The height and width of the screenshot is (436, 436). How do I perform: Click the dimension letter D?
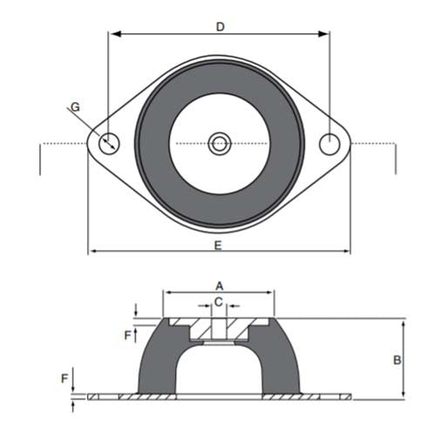click(221, 27)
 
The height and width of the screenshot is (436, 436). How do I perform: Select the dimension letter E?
click(218, 245)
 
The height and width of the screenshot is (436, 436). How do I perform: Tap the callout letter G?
click(75, 107)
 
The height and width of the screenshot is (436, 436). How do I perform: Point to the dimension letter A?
click(220, 285)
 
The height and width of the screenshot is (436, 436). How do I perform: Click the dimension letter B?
click(396, 358)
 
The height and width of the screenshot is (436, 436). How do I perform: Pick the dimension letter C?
click(220, 302)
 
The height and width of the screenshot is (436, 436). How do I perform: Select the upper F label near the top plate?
click(127, 334)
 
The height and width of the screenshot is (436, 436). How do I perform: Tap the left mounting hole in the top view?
click(110, 143)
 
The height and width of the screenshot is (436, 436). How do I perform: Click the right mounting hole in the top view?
click(329, 143)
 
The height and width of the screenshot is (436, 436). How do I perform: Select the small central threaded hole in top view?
click(219, 142)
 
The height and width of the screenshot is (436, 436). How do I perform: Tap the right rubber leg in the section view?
click(283, 366)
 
